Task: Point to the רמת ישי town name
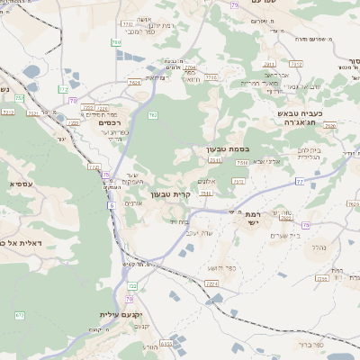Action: pos(251,220)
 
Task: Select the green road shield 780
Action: pos(116,42)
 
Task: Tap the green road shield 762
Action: pos(153,114)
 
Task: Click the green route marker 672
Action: pos(20,315)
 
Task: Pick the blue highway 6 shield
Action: pos(112,206)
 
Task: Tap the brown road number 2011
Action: pos(268,64)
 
